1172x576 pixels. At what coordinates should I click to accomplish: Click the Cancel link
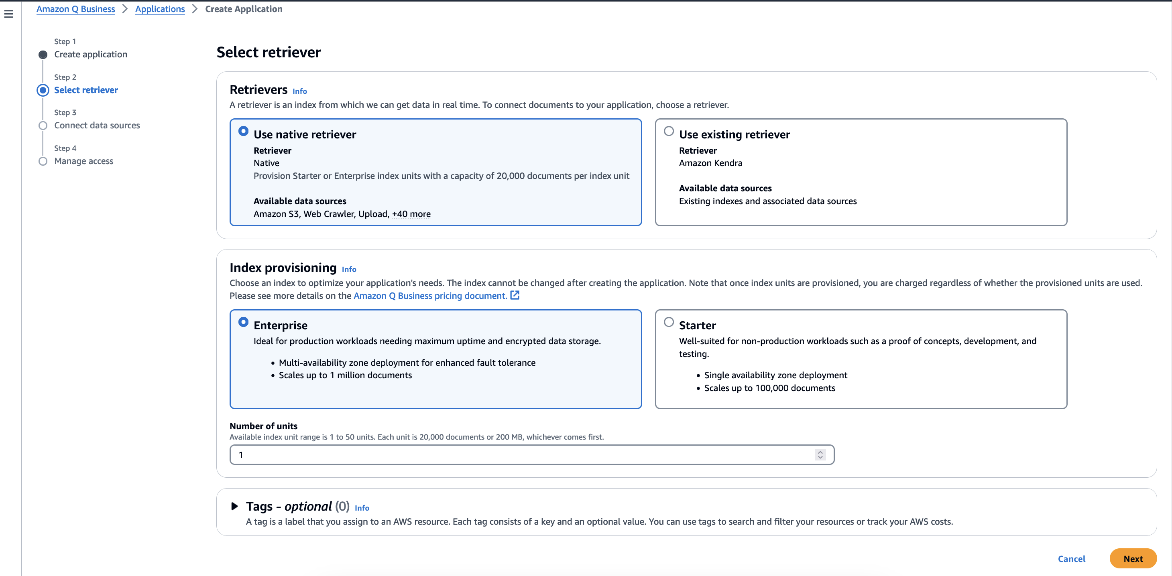(1071, 559)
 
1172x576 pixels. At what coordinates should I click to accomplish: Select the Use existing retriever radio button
(668, 132)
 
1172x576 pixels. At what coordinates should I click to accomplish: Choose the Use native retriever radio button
(243, 132)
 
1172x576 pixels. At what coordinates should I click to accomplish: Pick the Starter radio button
(668, 322)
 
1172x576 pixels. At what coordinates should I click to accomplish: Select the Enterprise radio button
(243, 322)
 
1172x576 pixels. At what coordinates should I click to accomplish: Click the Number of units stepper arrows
(820, 454)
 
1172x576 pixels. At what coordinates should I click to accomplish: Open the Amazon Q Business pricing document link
(430, 296)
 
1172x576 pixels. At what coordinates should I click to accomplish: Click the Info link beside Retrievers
(299, 91)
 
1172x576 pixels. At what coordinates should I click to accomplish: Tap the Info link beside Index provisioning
(348, 270)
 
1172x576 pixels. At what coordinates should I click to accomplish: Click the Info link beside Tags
(362, 508)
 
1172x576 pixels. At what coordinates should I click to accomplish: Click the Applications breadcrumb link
(160, 9)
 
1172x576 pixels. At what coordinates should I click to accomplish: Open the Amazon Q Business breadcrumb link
(75, 9)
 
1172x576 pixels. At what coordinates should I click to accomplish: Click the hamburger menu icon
(9, 14)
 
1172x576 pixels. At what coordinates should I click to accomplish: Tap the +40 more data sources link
(411, 214)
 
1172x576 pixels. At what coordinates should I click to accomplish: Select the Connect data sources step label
(97, 126)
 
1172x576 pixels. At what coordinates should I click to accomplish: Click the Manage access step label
(84, 161)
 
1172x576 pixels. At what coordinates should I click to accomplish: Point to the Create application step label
(91, 55)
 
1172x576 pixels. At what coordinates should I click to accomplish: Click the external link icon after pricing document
(515, 296)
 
